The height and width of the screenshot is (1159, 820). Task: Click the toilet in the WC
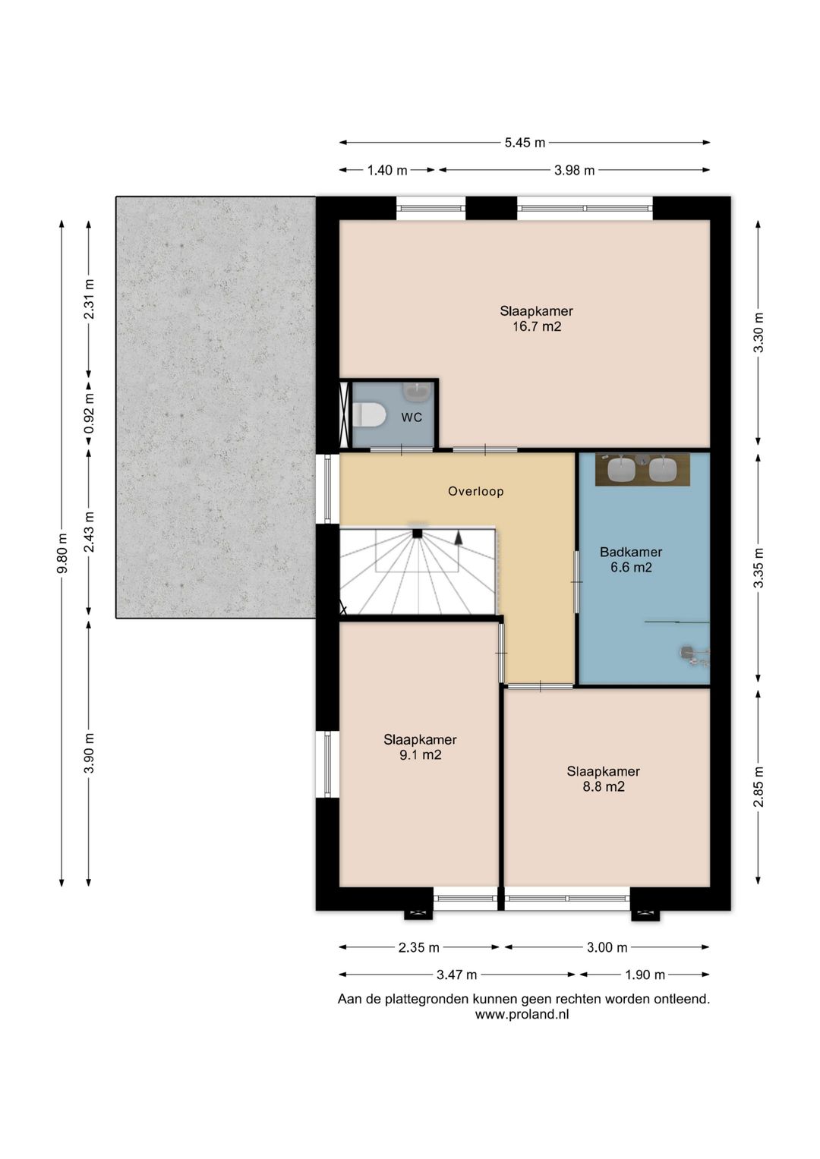click(x=370, y=415)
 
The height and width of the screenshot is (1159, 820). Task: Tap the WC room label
click(x=412, y=417)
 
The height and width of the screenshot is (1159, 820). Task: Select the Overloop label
click(x=476, y=491)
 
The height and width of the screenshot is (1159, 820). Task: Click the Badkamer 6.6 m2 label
click(x=630, y=559)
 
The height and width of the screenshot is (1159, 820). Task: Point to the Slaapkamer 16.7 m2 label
click(x=536, y=318)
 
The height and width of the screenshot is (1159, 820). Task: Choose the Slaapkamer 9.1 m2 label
click(x=420, y=747)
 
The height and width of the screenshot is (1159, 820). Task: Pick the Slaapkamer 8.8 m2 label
click(x=603, y=779)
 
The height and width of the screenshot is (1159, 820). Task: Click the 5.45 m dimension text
click(x=525, y=142)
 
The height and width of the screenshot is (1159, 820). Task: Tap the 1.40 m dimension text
click(x=387, y=170)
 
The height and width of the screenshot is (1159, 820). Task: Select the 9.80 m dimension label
click(x=62, y=553)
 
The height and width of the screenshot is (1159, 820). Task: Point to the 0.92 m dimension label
click(x=89, y=414)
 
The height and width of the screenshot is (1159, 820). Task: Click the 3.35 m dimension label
click(x=758, y=568)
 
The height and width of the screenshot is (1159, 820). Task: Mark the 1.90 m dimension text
click(x=645, y=975)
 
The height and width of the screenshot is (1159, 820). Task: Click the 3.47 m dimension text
click(x=456, y=975)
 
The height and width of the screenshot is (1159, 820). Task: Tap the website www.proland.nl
click(x=522, y=1014)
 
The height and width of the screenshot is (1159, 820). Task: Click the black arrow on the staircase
click(x=458, y=538)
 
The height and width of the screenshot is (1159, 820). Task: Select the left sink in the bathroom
click(x=621, y=469)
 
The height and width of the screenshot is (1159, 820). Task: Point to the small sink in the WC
click(x=418, y=392)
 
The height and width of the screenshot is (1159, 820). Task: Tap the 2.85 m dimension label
click(x=758, y=786)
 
